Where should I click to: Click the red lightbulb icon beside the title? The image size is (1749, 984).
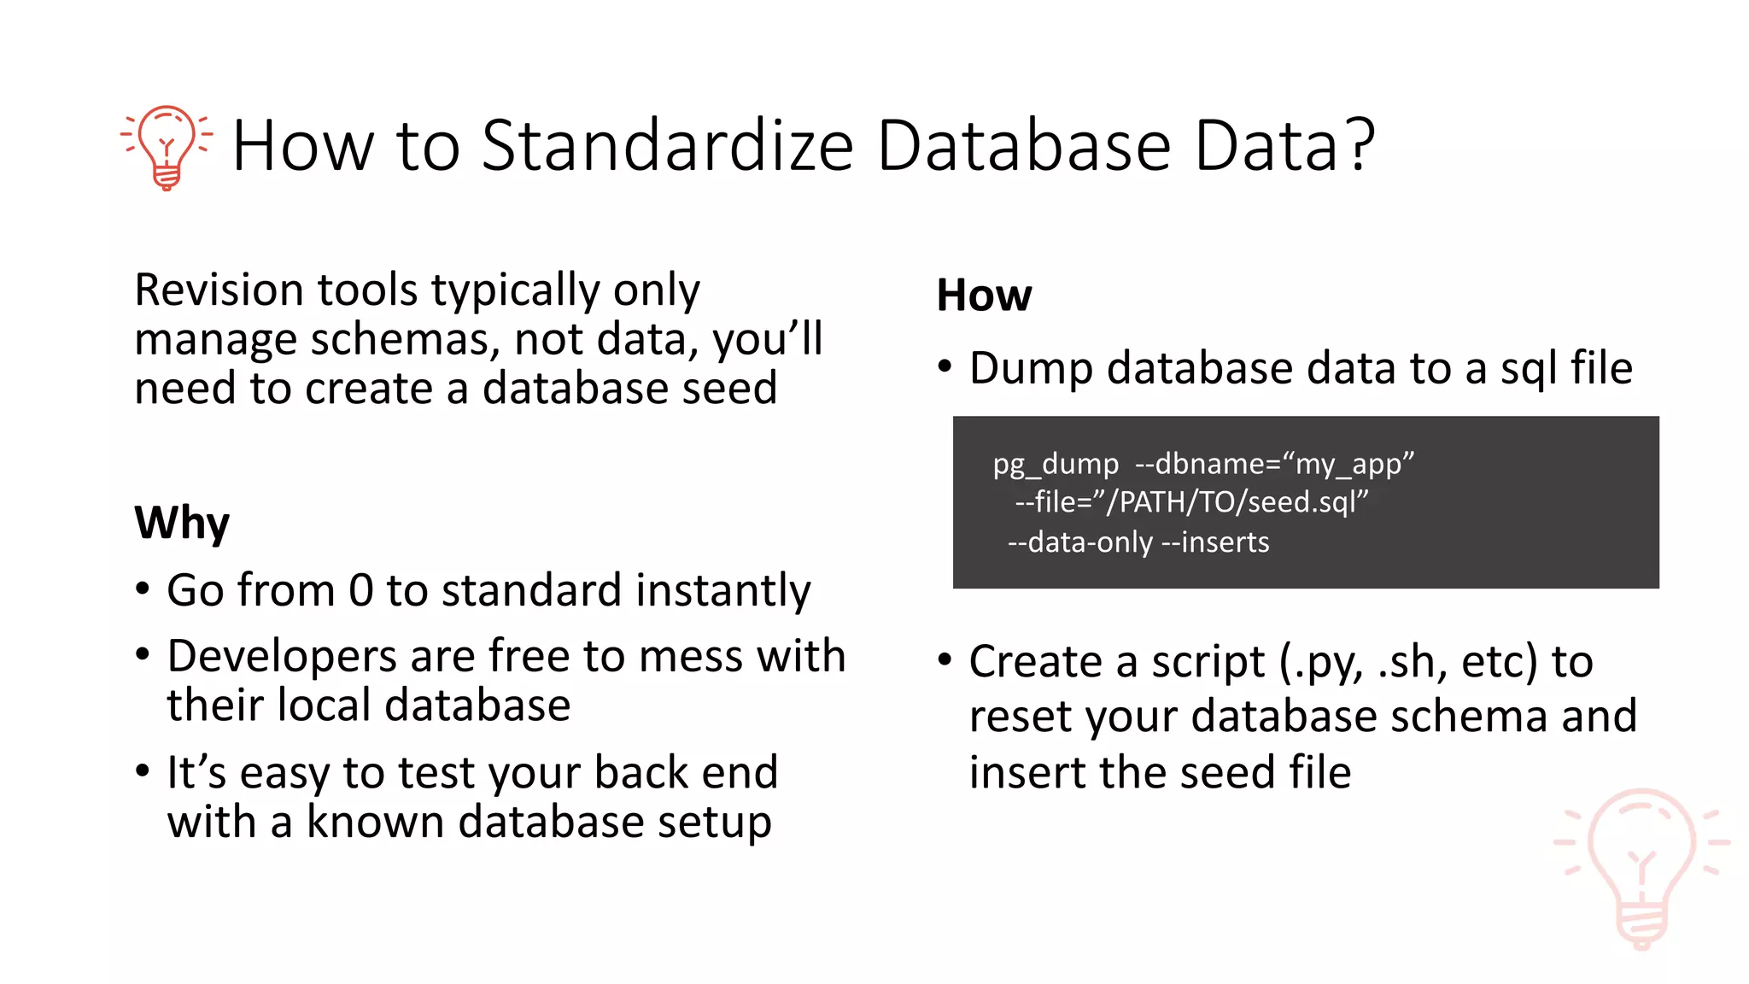[x=167, y=147]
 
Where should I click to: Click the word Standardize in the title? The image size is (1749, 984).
[x=667, y=146]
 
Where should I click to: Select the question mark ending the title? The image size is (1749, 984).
[x=1354, y=144]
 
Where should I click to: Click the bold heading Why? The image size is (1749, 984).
[x=182, y=523]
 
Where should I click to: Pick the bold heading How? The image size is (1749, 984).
[x=984, y=296]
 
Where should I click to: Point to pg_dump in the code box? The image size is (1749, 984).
[x=1055, y=464]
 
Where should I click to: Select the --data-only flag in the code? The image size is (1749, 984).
[x=1079, y=542]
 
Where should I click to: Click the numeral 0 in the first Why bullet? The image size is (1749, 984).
[x=360, y=590]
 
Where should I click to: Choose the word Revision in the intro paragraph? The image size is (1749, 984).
[x=219, y=290]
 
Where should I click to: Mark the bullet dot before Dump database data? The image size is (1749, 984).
[x=944, y=368]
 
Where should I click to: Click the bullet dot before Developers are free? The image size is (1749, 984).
[x=143, y=656]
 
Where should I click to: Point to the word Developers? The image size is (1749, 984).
[x=282, y=657]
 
